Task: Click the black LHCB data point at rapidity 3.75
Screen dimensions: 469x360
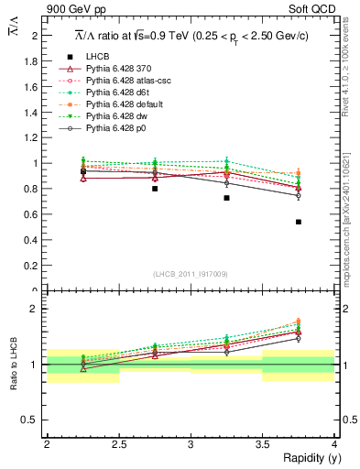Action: (x=299, y=222)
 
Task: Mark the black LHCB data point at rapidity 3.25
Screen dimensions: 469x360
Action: (x=226, y=198)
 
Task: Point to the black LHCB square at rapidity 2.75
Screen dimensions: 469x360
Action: (x=155, y=189)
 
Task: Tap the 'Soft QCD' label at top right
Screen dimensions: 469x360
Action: (x=312, y=10)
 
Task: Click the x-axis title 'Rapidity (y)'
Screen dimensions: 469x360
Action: (x=307, y=458)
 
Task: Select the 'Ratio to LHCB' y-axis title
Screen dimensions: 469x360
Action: (x=15, y=364)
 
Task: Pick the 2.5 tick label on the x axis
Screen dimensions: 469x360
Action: (x=118, y=444)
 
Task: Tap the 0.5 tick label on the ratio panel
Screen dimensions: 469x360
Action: (x=34, y=420)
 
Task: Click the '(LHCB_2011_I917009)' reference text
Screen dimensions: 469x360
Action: (x=191, y=273)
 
